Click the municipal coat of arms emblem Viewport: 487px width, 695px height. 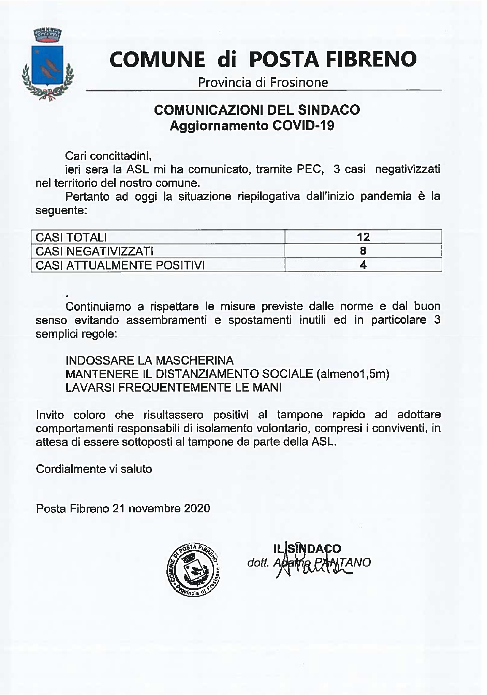(x=47, y=64)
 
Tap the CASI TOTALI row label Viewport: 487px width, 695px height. (x=71, y=237)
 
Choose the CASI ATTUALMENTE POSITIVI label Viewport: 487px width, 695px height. (x=120, y=265)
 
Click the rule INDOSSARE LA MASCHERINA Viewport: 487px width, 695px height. (x=149, y=360)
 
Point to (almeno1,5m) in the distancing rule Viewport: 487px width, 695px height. (x=353, y=374)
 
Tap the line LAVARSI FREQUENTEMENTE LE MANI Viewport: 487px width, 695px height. (x=173, y=388)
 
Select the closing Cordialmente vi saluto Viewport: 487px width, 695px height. (x=94, y=469)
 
